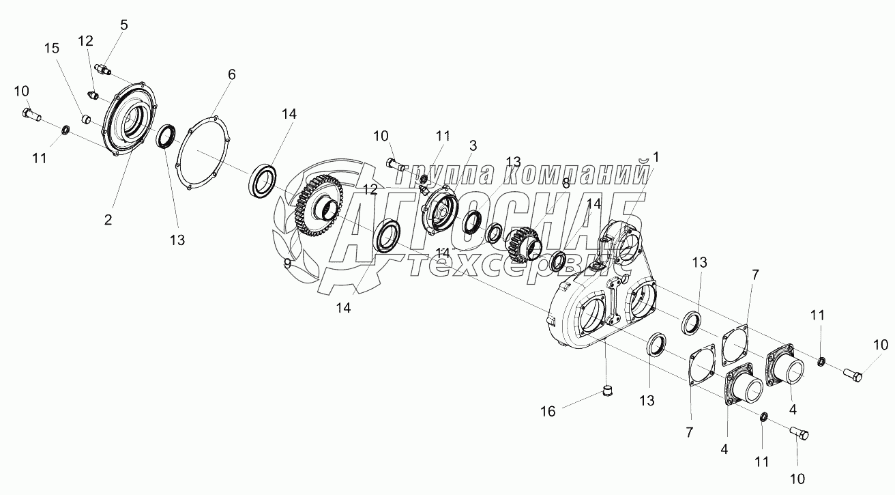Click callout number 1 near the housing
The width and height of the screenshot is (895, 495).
pos(656,157)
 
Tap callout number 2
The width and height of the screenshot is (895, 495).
pos(108,219)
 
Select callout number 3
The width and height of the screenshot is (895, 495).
pos(472,145)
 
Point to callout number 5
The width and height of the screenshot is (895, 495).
pos(123,25)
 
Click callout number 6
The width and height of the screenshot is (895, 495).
pos(231,74)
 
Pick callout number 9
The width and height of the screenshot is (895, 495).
pos(287,264)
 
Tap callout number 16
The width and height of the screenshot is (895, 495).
pos(548,411)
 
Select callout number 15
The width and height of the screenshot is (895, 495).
pos(52,48)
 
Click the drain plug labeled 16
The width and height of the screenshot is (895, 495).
pos(606,392)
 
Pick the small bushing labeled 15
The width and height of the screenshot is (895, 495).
pos(87,120)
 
